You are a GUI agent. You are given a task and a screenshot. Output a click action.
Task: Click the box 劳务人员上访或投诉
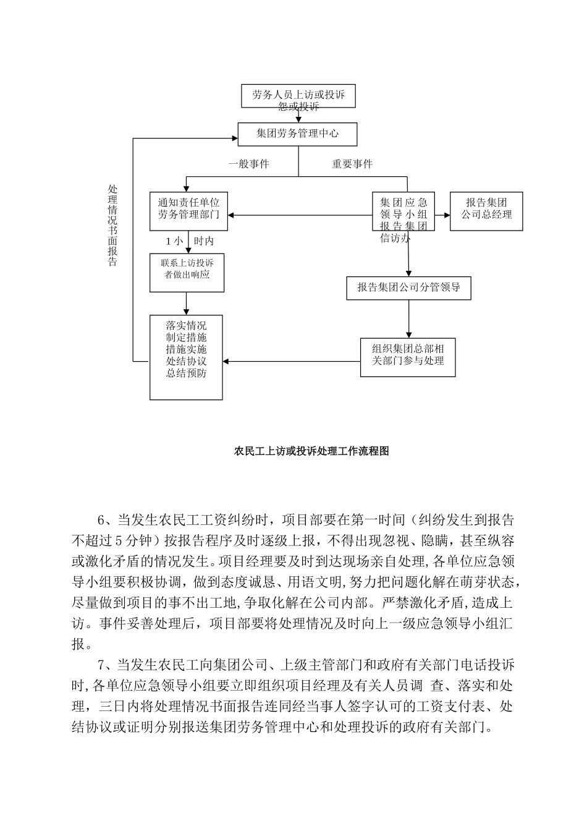click(298, 95)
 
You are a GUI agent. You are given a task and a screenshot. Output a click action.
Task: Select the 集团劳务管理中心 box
click(298, 133)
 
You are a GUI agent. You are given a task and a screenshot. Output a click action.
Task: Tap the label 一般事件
click(248, 164)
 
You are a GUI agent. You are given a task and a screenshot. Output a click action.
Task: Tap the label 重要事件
click(352, 164)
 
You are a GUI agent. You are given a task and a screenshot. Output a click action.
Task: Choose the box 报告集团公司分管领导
click(408, 288)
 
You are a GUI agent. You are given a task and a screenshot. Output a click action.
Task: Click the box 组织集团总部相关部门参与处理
click(408, 356)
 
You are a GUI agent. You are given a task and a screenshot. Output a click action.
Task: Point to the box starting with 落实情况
click(186, 357)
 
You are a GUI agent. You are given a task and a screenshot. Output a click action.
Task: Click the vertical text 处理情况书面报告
click(112, 226)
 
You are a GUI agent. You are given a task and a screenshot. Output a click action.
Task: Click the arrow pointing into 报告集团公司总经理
click(442, 215)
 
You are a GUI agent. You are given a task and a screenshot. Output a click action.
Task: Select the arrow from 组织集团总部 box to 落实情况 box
click(290, 361)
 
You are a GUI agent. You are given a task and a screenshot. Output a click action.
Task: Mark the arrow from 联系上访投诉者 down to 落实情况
click(187, 304)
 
